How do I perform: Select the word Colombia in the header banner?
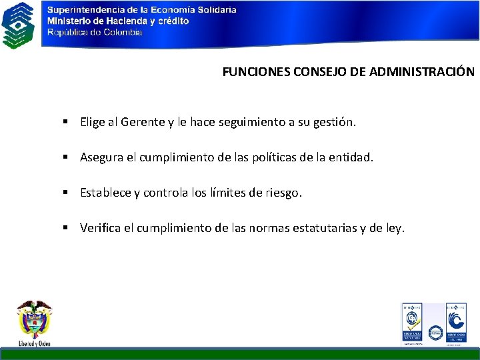pos(122,31)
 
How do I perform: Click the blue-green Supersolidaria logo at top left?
pos(19,25)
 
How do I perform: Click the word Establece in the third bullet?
pos(105,193)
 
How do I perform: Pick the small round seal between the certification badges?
pos(435,331)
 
